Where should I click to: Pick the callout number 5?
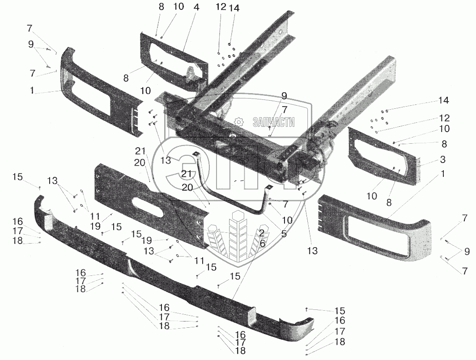(x=283, y=233)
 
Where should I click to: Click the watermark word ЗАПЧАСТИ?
(x=273, y=122)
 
